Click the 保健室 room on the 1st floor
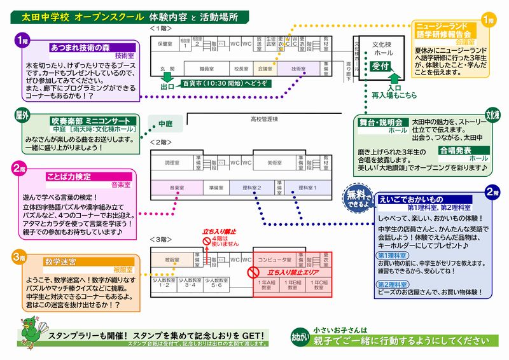[x=165, y=44]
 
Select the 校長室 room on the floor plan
[x=240, y=67]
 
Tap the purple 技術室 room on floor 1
[x=298, y=67]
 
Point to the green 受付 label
[x=380, y=66]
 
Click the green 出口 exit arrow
[x=167, y=85]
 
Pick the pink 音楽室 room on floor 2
[x=176, y=188]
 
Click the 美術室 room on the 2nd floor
[x=272, y=163]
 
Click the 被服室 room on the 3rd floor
[x=171, y=260]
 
